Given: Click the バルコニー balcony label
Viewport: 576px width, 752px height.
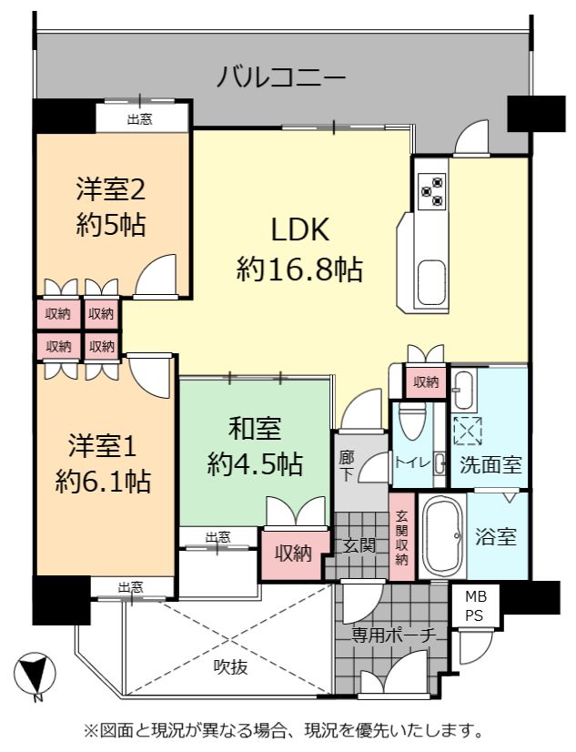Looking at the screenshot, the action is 281,77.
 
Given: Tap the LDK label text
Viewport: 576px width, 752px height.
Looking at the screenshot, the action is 300,229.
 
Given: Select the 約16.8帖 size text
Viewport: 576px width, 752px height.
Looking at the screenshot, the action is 299,269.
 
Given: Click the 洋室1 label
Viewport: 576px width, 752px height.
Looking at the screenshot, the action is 103,444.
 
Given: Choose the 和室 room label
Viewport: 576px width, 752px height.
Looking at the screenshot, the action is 255,428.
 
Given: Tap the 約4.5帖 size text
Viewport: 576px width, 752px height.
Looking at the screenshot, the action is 255,464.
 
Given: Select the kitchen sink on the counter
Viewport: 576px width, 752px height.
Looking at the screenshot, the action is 430,283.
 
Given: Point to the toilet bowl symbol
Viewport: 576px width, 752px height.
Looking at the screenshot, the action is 412,420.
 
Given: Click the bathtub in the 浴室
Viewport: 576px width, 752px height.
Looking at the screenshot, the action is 443,536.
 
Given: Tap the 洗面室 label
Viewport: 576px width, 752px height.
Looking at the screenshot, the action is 490,464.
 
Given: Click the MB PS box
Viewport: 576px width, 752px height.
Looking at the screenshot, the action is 475,605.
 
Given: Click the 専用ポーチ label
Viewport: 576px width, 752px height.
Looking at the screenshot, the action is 393,635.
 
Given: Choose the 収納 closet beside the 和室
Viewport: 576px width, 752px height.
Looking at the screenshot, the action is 293,554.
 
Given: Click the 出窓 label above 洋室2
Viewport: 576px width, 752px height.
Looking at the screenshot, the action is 140,119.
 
